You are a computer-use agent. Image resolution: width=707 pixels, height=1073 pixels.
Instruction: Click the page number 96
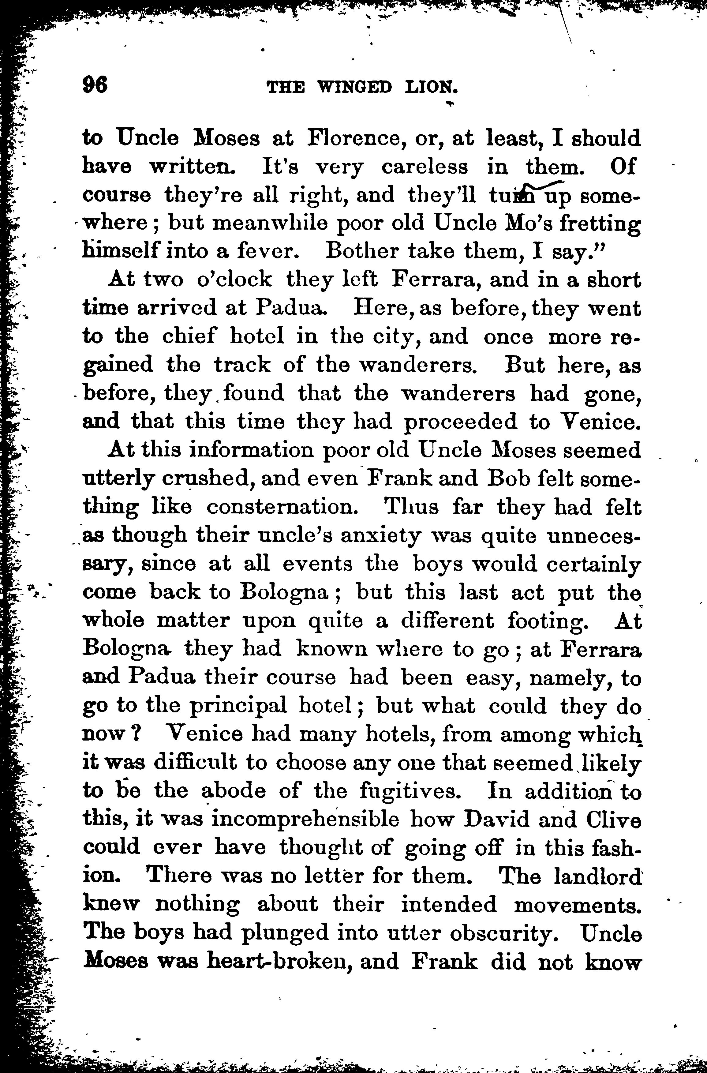click(95, 84)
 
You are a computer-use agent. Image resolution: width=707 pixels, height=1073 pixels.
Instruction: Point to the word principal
click(238, 707)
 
